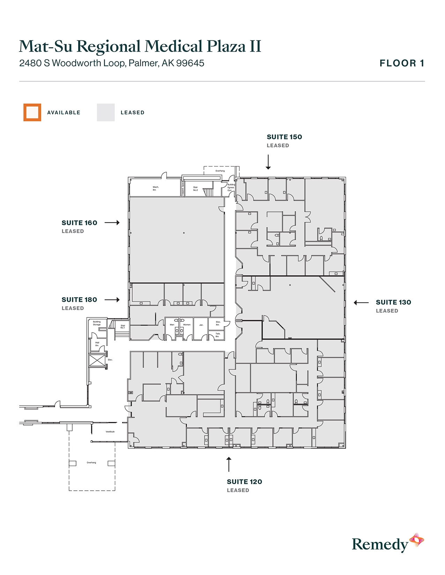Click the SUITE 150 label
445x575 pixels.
tap(284, 137)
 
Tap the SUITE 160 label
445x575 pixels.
tap(79, 223)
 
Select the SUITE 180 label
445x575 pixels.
tap(79, 300)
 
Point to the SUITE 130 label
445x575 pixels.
tap(393, 302)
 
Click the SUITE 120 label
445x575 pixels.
tap(244, 482)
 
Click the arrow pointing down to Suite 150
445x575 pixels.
tap(268, 162)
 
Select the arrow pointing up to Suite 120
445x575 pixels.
tap(229, 464)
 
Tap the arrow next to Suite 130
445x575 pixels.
tap(361, 302)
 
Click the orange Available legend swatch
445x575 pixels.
tap(32, 113)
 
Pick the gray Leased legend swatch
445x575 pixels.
tap(106, 113)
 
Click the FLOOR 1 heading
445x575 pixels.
tap(402, 63)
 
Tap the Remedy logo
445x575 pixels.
tap(387, 544)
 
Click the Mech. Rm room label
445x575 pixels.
tap(155, 189)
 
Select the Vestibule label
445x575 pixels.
tap(110, 432)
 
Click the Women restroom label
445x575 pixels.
tap(187, 325)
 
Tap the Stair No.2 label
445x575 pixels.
tap(195, 189)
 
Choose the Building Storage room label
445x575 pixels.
tap(97, 323)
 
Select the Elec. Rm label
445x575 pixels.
tap(218, 323)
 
